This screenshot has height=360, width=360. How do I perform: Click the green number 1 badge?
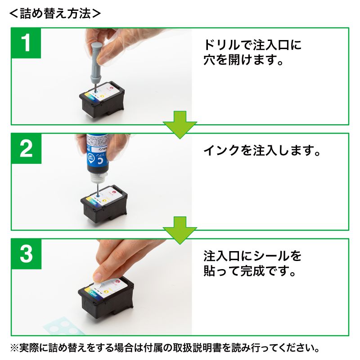[27, 45]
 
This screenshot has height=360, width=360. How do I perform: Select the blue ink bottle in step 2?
[97, 155]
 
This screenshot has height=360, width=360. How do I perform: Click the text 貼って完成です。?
[249, 272]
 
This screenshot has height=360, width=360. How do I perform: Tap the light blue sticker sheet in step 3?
[63, 325]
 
